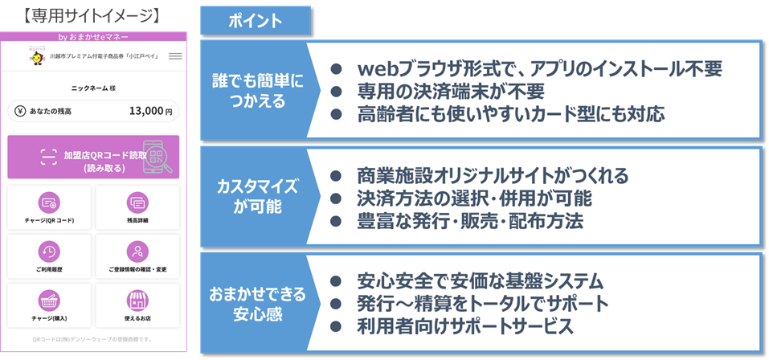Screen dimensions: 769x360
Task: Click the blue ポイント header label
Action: [254, 21]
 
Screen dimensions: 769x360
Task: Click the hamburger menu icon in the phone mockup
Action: [175, 56]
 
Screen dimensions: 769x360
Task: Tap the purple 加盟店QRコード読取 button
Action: [93, 157]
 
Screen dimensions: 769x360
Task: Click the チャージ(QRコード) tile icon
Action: [49, 202]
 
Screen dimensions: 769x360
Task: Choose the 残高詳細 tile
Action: [137, 207]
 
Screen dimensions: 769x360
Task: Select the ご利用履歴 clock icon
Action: [49, 250]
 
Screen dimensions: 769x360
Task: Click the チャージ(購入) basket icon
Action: [49, 300]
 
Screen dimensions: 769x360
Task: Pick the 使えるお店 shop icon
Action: [137, 300]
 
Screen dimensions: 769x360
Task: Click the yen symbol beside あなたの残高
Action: [19, 111]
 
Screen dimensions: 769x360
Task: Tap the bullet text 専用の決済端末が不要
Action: [451, 92]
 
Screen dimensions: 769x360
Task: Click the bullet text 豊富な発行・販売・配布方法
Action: [469, 221]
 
